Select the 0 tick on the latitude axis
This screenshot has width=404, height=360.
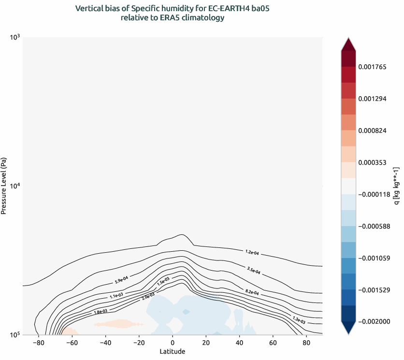click(x=173, y=343)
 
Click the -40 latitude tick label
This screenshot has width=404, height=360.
click(x=104, y=343)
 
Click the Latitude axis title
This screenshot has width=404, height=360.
click(x=173, y=351)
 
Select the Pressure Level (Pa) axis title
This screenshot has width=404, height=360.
click(x=4, y=186)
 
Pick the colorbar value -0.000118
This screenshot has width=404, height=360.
click(x=375, y=194)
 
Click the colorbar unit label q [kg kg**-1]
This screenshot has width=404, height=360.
click(x=397, y=186)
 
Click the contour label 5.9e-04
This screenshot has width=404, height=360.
click(x=121, y=279)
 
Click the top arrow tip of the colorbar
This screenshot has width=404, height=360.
click(x=348, y=40)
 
